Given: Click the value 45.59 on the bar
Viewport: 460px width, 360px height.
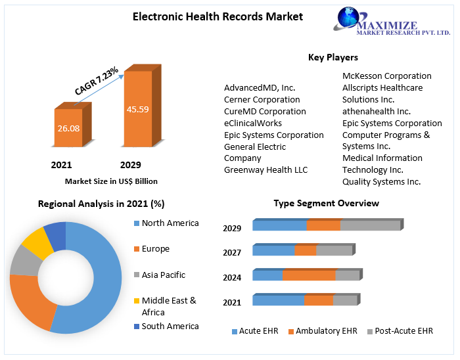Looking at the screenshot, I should (138, 109).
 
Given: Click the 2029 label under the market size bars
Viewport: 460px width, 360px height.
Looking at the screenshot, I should (130, 165).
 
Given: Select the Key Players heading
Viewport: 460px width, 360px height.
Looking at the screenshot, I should (333, 58).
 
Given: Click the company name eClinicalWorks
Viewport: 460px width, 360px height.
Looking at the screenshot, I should (253, 123).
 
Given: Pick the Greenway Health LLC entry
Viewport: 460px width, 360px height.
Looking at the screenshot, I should (265, 170).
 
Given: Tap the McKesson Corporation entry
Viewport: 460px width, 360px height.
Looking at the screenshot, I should (386, 76).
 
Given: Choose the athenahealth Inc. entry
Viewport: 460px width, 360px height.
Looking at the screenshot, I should (377, 111).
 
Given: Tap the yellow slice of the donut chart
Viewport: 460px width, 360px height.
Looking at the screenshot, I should (38, 242).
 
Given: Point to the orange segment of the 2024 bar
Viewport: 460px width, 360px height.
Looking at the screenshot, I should (308, 275).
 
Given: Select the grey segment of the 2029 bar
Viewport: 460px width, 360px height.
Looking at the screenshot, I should (370, 225).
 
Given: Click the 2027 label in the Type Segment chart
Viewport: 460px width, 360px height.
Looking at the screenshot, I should (232, 252).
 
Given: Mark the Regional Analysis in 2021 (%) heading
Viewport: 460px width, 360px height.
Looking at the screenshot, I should (101, 204).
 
